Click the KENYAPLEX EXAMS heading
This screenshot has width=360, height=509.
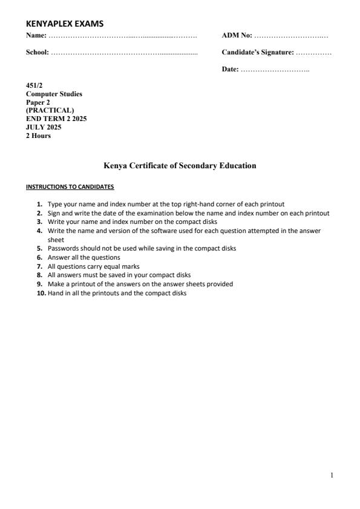(x=65, y=24)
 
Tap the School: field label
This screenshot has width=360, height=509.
(x=38, y=53)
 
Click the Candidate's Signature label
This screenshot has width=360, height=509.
(x=258, y=53)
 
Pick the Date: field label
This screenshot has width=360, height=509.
(x=231, y=70)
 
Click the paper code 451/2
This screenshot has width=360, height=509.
(x=34, y=87)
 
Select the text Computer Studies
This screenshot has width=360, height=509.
(x=54, y=94)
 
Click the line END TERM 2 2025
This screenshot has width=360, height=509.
(x=56, y=119)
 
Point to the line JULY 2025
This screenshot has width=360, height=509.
(x=44, y=127)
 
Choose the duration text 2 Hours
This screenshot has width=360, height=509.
(x=38, y=136)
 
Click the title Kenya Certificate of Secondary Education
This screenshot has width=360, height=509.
(x=180, y=166)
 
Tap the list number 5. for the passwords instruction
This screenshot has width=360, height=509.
(x=40, y=248)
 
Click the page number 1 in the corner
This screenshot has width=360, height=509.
(x=332, y=475)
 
